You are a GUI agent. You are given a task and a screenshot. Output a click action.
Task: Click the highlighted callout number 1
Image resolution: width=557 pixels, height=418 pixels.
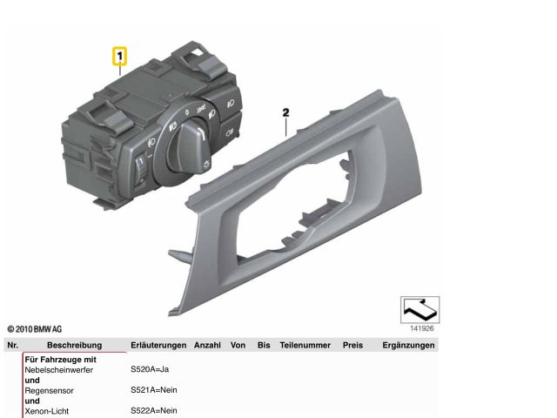(120, 56)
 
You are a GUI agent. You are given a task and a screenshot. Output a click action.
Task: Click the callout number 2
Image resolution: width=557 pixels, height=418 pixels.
(285, 112)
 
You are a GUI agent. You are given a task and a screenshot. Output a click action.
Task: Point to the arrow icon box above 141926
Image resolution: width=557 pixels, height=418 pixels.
(419, 310)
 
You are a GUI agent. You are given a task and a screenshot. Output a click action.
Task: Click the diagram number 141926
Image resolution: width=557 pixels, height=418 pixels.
(422, 328)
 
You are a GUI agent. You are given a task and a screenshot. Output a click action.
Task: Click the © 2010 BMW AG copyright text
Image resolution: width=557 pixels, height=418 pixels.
(35, 329)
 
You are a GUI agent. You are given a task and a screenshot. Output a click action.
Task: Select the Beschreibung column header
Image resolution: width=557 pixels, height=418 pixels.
(74, 345)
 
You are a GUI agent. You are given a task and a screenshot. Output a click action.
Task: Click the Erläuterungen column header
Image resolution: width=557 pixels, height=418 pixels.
(158, 345)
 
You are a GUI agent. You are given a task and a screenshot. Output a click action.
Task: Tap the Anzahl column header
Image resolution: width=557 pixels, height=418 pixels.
(207, 345)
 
